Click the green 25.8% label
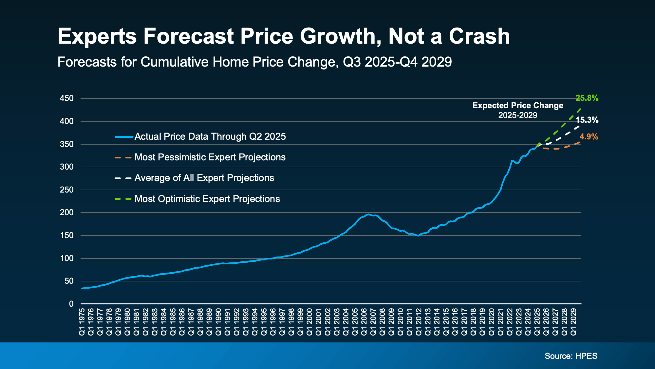(587, 98)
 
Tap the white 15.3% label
(587, 120)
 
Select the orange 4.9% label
(589, 137)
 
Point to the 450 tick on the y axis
(67, 98)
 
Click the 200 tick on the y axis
(67, 213)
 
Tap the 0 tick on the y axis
(71, 304)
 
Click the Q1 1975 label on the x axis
(82, 321)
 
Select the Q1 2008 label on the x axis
(382, 321)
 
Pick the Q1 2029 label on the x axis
(573, 321)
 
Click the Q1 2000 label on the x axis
(309, 321)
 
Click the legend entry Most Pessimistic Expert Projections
(210, 157)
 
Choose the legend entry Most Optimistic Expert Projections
(207, 199)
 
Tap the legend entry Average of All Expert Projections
(204, 178)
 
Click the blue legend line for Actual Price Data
(124, 137)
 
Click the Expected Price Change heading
(517, 106)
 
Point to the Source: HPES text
(571, 356)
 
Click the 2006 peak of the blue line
(368, 214)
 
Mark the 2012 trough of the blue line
(418, 236)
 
